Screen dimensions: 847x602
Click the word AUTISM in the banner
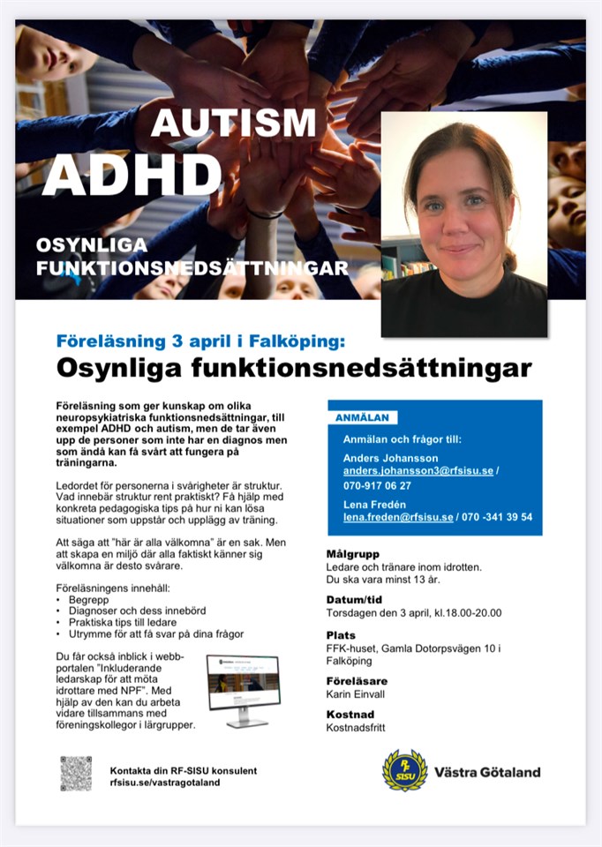[x=233, y=124]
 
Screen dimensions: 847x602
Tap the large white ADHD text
[x=132, y=175]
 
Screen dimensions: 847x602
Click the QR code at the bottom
[x=76, y=773]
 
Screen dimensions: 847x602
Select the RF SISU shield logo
[x=404, y=770]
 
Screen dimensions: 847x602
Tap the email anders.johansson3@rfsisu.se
[x=418, y=471]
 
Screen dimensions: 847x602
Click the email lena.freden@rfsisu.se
[x=399, y=516]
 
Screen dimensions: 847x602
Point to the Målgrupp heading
[x=352, y=553]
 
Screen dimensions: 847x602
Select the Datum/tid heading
[x=354, y=599]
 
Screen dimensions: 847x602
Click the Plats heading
[x=341, y=634]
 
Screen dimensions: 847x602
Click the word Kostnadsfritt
[x=356, y=727]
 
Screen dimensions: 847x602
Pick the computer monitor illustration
[x=243, y=689]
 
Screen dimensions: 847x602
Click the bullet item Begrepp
[x=88, y=598]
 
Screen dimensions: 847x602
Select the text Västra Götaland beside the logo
[x=487, y=772]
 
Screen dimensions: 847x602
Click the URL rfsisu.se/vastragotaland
[x=165, y=782]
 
